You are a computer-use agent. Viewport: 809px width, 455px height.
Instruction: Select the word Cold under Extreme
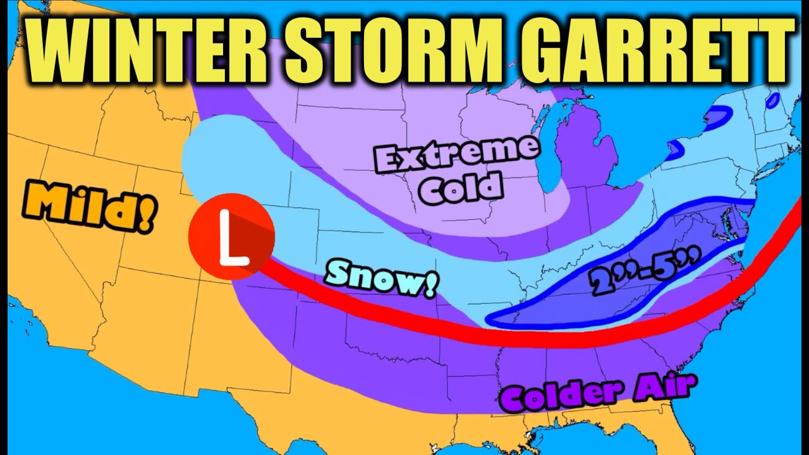(x=461, y=188)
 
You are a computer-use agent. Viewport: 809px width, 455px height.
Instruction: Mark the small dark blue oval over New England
(x=772, y=100)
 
